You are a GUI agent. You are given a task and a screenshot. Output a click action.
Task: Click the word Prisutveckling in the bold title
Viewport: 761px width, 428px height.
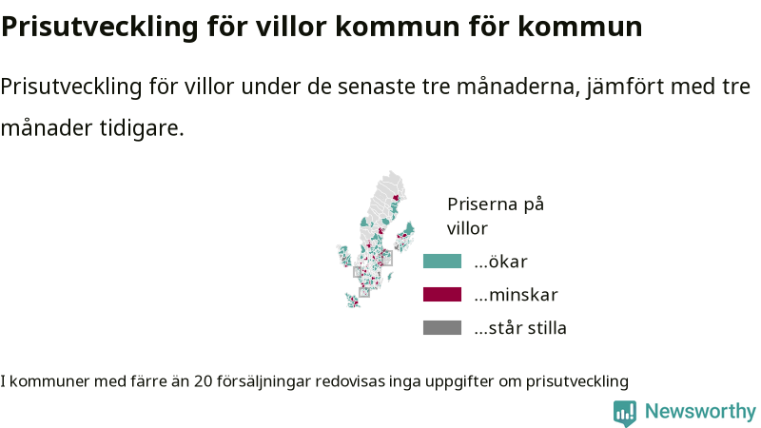(x=100, y=28)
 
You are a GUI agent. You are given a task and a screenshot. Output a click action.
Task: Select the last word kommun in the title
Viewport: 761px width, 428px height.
(x=580, y=27)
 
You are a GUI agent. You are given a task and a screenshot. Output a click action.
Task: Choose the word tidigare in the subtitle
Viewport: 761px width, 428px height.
(x=142, y=128)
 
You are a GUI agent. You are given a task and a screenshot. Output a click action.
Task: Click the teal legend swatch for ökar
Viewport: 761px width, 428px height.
(x=442, y=261)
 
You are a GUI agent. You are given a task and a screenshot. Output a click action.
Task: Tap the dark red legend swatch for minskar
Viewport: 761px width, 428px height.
(x=442, y=294)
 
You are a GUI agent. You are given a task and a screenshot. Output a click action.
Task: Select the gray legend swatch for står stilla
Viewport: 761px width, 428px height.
(x=442, y=327)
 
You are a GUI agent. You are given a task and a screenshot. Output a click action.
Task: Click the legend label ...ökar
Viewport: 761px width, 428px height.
(x=501, y=262)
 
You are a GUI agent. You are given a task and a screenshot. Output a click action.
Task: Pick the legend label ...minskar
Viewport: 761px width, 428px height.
(x=516, y=295)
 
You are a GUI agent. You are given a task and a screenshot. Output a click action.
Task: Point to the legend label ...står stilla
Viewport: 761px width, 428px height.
(x=520, y=328)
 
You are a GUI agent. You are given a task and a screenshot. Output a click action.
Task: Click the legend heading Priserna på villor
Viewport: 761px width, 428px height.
(x=495, y=216)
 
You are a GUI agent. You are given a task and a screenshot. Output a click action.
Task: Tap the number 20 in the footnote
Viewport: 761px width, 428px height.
(x=204, y=381)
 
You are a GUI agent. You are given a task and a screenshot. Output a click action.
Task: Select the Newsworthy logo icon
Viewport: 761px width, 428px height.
(x=625, y=413)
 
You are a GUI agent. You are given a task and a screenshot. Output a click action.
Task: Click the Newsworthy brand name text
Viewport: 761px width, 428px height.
(x=700, y=411)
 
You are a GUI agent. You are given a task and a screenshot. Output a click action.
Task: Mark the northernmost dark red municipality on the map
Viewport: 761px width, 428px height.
(x=396, y=198)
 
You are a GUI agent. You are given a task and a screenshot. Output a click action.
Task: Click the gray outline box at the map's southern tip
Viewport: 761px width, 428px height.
(x=364, y=292)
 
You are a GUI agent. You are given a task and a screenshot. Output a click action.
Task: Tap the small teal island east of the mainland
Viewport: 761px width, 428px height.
(x=390, y=277)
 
